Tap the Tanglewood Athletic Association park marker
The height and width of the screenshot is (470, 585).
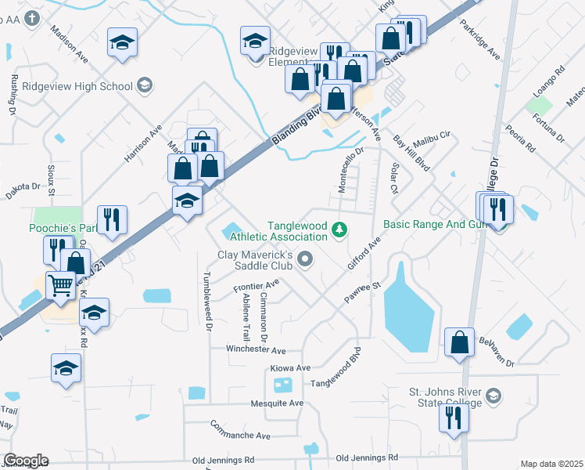339,230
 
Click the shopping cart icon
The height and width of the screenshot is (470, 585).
60,284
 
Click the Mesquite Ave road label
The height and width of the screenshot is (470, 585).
277,403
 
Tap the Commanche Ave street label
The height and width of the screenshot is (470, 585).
240,430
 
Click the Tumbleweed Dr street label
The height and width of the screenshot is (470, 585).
208,302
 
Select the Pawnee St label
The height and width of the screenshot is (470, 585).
361,293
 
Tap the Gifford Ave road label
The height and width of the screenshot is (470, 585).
364,253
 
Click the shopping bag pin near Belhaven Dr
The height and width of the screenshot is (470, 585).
459,341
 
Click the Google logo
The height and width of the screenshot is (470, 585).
26,461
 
